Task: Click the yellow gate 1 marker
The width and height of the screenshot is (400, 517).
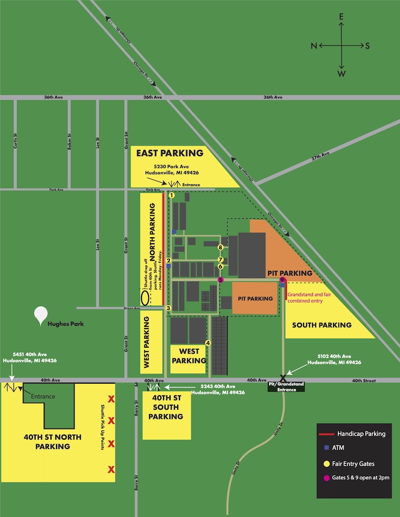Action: [171, 195]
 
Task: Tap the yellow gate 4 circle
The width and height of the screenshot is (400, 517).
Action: [208, 343]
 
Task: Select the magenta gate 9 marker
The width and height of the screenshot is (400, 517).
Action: [282, 280]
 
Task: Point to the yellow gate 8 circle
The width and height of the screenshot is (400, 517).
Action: [220, 247]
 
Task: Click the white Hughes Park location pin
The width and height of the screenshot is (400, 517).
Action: [40, 315]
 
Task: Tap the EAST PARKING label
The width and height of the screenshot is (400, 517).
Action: [170, 153]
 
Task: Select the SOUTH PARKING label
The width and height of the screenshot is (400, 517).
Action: [321, 325]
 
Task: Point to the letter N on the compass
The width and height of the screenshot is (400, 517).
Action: [313, 46]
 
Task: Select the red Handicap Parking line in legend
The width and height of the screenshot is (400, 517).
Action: [327, 434]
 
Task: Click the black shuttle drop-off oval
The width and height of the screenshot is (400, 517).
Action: [145, 298]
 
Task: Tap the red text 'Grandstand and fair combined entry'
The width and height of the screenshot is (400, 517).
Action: [311, 298]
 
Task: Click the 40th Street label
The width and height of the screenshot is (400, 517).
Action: [363, 381]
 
